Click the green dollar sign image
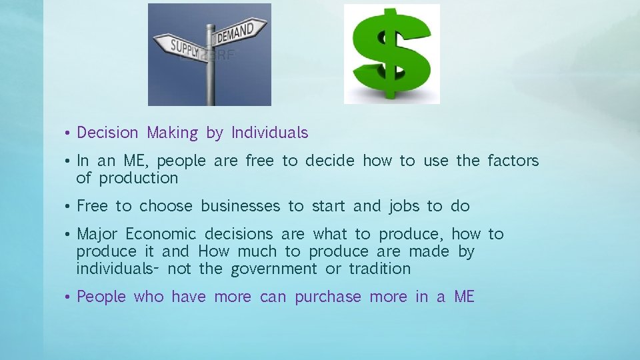click(x=391, y=54)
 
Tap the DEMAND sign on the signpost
click(x=235, y=32)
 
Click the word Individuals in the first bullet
click(x=269, y=133)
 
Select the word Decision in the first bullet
click(x=107, y=133)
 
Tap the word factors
click(x=513, y=161)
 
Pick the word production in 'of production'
click(x=139, y=178)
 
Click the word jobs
click(x=404, y=206)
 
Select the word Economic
click(x=161, y=234)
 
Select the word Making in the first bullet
click(x=172, y=133)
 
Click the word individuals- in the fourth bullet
click(x=117, y=269)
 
